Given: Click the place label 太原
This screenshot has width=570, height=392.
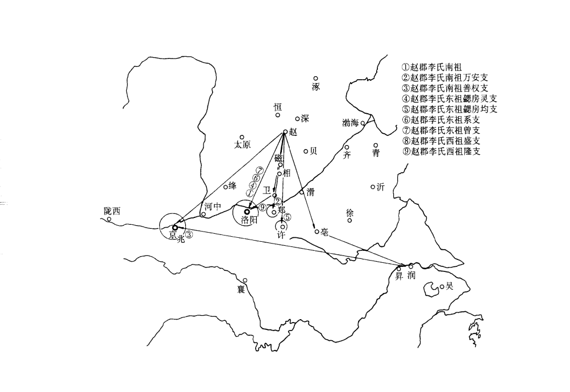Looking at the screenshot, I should tap(242, 145).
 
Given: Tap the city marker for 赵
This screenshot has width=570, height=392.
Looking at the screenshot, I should tap(285, 132).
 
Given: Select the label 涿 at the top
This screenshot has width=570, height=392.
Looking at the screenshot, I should tap(316, 87).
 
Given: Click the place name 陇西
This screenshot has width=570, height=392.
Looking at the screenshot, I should tap(112, 211).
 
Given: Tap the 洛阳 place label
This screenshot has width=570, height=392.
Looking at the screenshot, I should tap(249, 220).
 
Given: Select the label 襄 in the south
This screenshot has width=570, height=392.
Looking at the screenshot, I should tap(241, 290).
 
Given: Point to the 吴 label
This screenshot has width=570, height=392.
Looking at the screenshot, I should tap(450, 287).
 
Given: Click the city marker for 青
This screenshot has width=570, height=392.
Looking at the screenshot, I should tap(376, 146).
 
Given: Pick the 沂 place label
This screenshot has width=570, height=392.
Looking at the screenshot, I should tap(381, 187).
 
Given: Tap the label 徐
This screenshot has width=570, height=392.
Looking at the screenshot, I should tap(350, 213).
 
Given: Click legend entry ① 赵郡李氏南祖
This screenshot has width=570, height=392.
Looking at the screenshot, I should tap(431, 67).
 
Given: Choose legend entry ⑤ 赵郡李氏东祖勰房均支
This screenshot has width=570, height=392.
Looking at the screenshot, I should tap(449, 109).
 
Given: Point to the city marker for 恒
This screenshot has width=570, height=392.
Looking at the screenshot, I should tap(278, 115).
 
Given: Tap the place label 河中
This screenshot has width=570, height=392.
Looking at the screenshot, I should tap(212, 207).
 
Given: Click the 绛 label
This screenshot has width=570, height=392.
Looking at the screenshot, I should tap(232, 185).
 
